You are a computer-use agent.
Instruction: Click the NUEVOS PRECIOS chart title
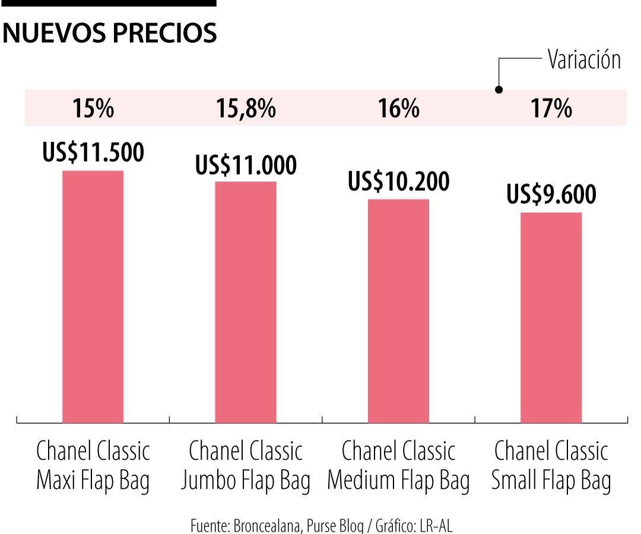click(110, 34)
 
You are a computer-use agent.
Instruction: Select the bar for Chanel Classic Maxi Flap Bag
click(93, 297)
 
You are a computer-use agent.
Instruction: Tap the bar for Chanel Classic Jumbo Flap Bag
click(246, 302)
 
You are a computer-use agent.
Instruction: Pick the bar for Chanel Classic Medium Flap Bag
click(398, 311)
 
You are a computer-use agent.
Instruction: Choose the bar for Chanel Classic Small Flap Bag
click(551, 317)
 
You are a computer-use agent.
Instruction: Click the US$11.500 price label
click(93, 153)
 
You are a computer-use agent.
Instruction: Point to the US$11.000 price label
click(246, 165)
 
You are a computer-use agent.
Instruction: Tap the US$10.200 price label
click(398, 182)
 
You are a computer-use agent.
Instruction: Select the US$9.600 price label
click(551, 195)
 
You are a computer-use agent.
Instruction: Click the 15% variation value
click(93, 109)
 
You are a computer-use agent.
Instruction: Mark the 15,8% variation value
click(246, 109)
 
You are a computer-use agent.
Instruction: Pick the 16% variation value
click(398, 109)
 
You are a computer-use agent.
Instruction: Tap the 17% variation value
click(551, 109)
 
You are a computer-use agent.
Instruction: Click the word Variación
click(584, 60)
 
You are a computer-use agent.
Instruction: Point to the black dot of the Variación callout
click(499, 90)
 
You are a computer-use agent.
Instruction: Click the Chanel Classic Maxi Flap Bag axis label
click(93, 466)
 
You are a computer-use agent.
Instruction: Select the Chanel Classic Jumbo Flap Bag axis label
click(246, 466)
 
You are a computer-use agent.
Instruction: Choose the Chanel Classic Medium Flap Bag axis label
click(398, 466)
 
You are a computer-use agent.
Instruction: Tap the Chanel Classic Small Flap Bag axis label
click(551, 466)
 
